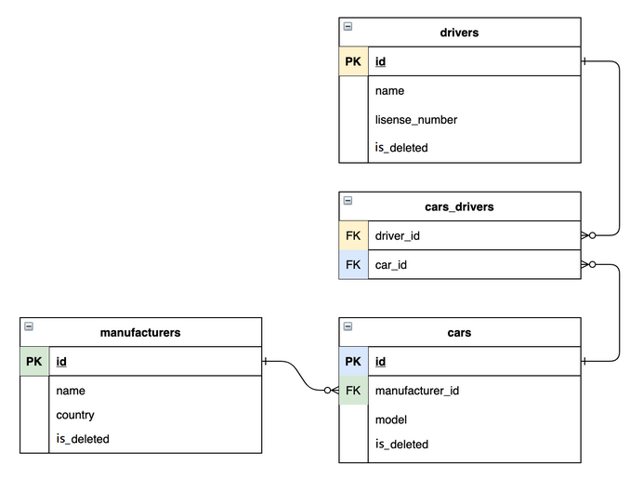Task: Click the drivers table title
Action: coord(459,33)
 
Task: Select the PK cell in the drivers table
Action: coord(353,62)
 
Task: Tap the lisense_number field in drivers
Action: coord(415,119)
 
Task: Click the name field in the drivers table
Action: coord(389,91)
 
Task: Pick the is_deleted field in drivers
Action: coord(401,147)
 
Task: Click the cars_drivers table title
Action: coord(459,206)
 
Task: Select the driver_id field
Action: coord(398,236)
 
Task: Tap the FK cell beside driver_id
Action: coord(353,236)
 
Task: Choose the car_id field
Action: coord(391,265)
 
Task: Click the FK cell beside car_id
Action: coord(353,265)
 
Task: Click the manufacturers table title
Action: coord(139,332)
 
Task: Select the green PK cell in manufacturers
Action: coord(33,362)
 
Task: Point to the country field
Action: coord(74,415)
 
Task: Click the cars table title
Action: coord(459,332)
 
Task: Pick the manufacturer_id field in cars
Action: coord(416,391)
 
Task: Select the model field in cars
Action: coord(391,419)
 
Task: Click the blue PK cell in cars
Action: coord(353,362)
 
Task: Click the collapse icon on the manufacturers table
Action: coord(29,326)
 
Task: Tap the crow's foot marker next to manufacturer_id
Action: coord(332,391)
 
